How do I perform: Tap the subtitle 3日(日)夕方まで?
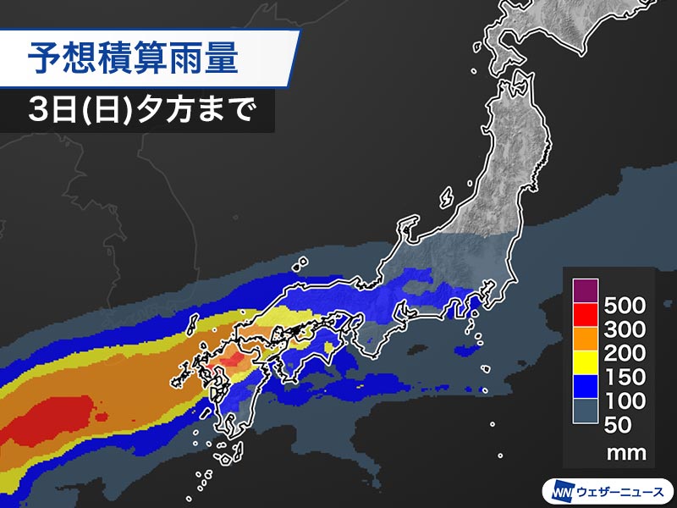coord(140,111)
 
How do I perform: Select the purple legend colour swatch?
coord(586,292)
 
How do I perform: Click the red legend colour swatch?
coord(586,316)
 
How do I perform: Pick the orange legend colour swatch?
coord(586,340)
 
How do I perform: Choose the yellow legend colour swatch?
coord(586,364)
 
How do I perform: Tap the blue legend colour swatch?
coord(586,388)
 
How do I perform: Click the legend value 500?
coord(627,305)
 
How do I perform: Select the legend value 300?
coord(627,329)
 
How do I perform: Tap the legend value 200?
coord(627,353)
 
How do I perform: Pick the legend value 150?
coord(627,377)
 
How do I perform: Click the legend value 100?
coord(627,400)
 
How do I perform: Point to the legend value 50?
coord(634,425)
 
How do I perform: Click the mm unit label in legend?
coord(627,453)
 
